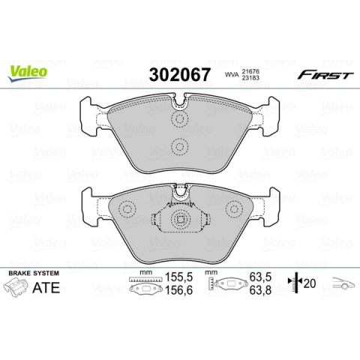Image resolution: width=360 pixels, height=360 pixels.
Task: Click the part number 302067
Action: coord(180,74)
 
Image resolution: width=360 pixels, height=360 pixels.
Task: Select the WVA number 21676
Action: coord(250,71)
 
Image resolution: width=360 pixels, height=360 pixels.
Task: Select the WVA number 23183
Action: coord(250,77)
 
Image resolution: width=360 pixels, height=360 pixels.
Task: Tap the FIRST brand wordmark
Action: coord(325,74)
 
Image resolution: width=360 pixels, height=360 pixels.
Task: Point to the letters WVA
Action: coord(232,75)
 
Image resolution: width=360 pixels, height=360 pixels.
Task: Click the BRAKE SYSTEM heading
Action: coord(34,273)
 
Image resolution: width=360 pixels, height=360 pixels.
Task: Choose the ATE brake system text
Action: coord(46,287)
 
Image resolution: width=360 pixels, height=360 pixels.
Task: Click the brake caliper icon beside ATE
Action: coord(16,286)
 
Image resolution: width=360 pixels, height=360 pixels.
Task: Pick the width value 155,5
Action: coord(178,277)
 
